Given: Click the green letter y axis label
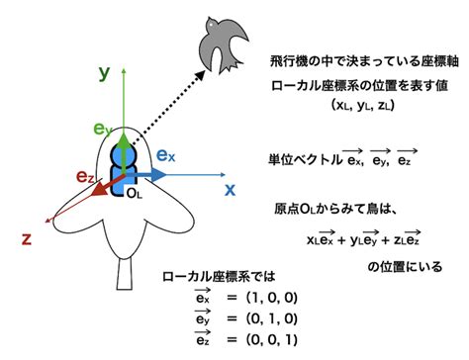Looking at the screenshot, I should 102,72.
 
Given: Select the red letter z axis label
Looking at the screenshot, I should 27,237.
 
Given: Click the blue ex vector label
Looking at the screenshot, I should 165,155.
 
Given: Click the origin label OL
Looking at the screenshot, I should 135,195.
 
